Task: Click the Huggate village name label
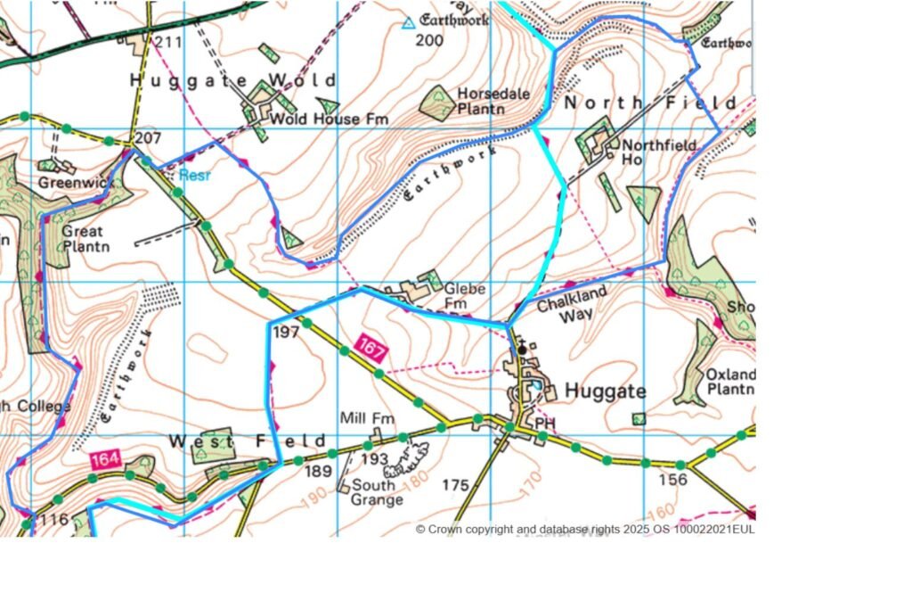pyautogui.click(x=606, y=391)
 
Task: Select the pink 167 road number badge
pyautogui.click(x=371, y=347)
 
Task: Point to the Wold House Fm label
pyautogui.click(x=315, y=119)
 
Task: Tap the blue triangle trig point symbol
pyautogui.click(x=408, y=23)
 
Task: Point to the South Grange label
pyautogui.click(x=377, y=492)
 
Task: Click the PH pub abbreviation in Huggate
pyautogui.click(x=544, y=420)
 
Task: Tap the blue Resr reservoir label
pyautogui.click(x=193, y=176)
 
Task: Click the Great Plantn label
pyautogui.click(x=85, y=238)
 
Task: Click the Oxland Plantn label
pyautogui.click(x=730, y=382)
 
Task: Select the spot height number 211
pyautogui.click(x=167, y=42)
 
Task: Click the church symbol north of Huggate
pyautogui.click(x=521, y=350)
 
